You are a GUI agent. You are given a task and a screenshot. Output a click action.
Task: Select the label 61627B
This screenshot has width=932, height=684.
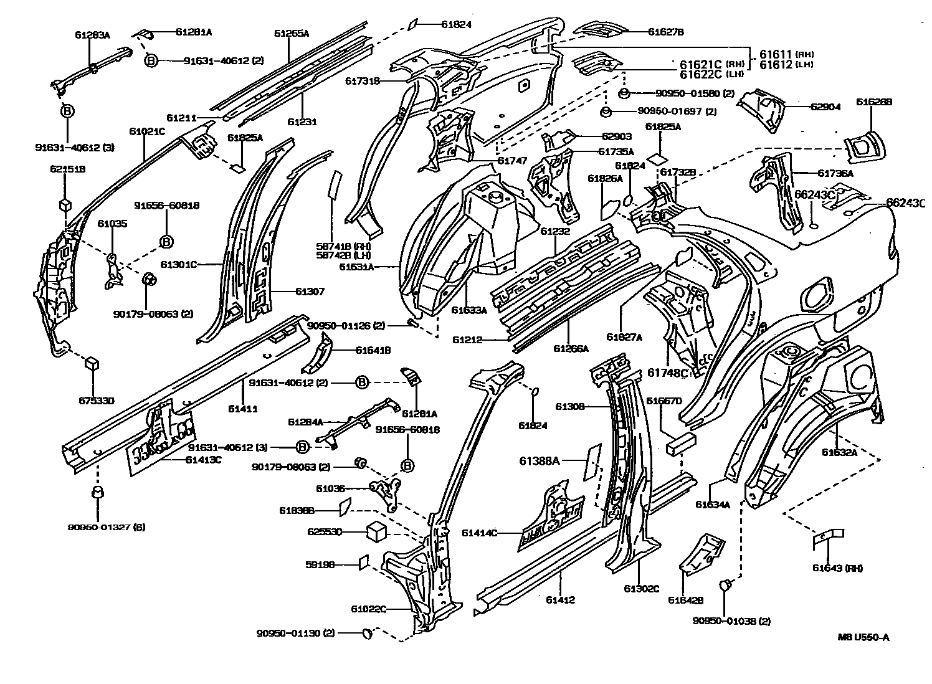coord(665,32)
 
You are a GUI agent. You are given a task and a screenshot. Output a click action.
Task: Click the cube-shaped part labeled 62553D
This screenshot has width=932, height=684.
coord(377,531)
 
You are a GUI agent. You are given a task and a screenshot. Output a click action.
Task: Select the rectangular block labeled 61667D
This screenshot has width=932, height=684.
coord(680,445)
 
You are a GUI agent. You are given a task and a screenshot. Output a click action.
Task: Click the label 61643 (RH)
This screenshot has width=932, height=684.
coord(837,568)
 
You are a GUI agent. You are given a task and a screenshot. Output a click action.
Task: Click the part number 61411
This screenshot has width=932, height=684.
coord(242,409)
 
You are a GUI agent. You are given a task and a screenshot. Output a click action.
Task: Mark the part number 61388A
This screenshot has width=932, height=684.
coord(540,461)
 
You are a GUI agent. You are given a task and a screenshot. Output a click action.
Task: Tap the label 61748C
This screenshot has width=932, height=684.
coord(667,373)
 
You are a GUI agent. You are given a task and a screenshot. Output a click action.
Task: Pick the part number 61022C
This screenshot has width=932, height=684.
coord(368,609)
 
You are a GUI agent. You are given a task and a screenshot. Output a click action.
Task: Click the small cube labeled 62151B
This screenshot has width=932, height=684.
coord(64,205)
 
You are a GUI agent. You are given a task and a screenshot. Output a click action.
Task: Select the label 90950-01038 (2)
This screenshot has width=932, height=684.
coord(731,620)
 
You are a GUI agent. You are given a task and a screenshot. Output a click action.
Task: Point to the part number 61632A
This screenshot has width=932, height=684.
coord(839,452)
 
